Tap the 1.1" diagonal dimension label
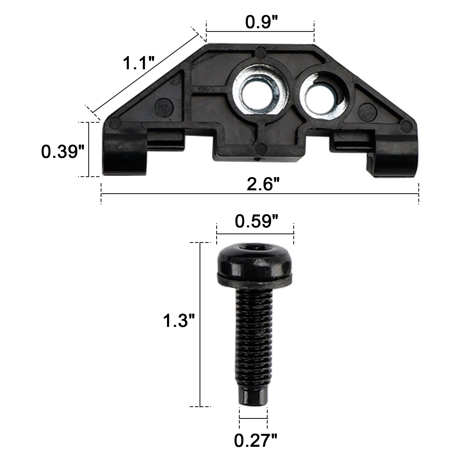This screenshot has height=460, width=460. (x=139, y=63)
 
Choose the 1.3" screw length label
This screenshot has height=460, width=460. (x=179, y=321)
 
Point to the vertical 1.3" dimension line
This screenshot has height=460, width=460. (x=200, y=359)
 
